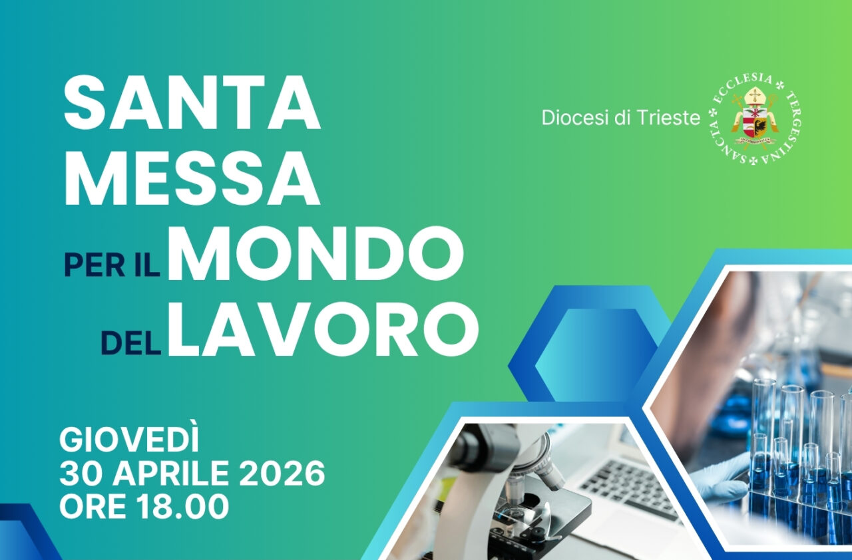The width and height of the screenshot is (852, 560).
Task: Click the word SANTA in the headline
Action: tap(192, 103)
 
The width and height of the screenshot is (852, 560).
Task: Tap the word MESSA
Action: tap(192, 178)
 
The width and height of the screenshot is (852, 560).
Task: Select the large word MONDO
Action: tap(315, 254)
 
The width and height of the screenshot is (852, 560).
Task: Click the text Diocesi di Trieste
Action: tap(620, 118)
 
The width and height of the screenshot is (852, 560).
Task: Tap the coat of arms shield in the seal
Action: tap(754, 120)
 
